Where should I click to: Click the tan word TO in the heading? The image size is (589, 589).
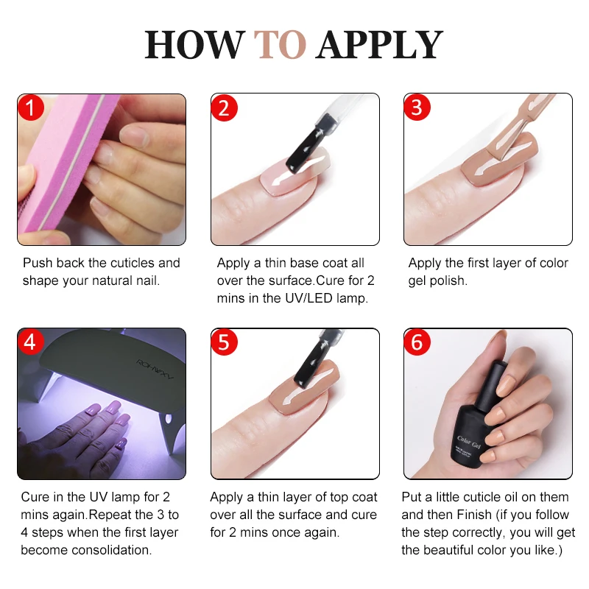pyautogui.click(x=280, y=45)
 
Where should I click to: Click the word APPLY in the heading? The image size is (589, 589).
pyautogui.click(x=379, y=45)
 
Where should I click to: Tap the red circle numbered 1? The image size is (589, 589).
pyautogui.click(x=31, y=107)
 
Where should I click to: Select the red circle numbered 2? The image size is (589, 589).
pyautogui.click(x=225, y=107)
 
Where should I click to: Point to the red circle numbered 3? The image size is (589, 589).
pyautogui.click(x=417, y=107)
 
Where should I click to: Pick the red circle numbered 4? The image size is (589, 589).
pyautogui.click(x=30, y=342)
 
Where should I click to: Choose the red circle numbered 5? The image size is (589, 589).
pyautogui.click(x=224, y=342)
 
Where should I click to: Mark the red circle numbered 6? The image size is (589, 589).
pyautogui.click(x=417, y=342)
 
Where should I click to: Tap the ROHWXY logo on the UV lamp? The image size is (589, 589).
pyautogui.click(x=155, y=369)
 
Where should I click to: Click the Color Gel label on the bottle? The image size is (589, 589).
pyautogui.click(x=468, y=442)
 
